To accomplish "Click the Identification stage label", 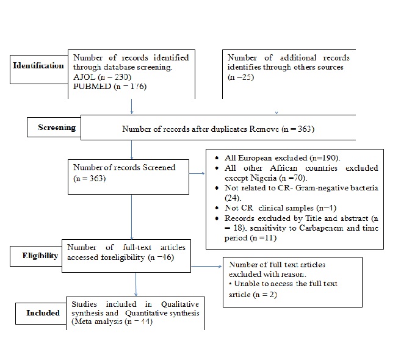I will point(38,65).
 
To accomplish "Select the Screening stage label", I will point(56,128).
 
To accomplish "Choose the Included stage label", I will point(43,313).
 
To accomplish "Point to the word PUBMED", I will point(91,87).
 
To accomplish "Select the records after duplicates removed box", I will point(219,129).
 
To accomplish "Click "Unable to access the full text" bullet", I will point(283,284).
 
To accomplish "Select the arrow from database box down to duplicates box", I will point(131,106).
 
